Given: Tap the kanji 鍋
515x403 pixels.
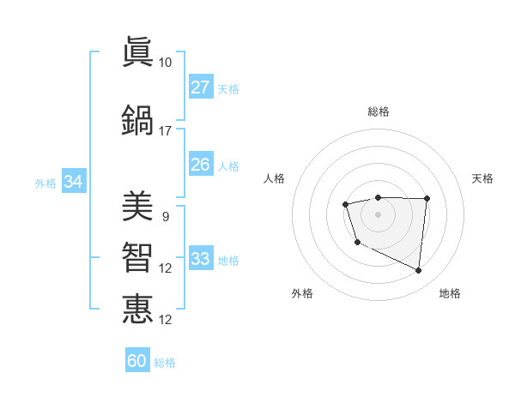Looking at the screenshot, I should click(137, 120).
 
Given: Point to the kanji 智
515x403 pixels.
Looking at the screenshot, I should click(137, 257).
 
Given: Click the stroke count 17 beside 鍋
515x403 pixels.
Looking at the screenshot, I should click(165, 131).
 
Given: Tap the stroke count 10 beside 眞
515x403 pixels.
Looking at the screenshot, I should click(165, 63).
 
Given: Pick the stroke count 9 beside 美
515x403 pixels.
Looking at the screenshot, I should click(165, 217).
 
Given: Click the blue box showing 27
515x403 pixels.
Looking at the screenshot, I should click(200, 87).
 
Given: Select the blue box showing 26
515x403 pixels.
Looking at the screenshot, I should click(200, 165).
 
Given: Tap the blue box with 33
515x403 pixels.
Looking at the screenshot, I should click(200, 259).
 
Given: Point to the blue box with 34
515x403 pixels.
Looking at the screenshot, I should click(73, 182).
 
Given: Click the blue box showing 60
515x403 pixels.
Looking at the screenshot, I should click(137, 361).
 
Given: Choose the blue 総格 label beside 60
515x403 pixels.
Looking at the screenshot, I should click(165, 363).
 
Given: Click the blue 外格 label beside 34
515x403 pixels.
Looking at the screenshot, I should click(45, 183).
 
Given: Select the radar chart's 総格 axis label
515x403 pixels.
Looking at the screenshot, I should click(378, 111).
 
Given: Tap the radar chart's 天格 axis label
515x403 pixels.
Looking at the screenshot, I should click(482, 178).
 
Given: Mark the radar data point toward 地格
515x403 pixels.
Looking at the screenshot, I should click(419, 270).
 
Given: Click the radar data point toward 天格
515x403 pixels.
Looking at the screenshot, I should click(427, 199).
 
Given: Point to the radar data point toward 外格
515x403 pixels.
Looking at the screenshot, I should click(357, 243).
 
